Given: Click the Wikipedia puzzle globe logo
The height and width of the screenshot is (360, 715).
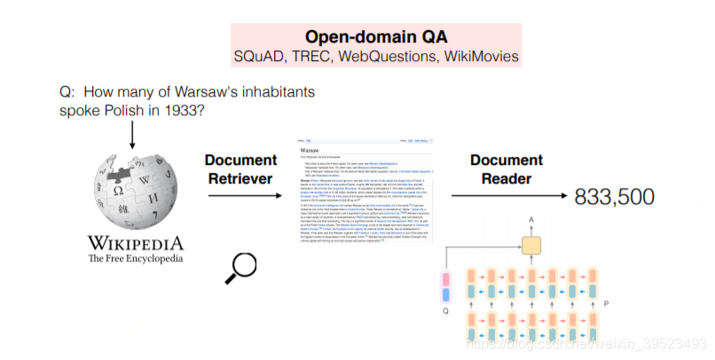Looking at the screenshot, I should click(134, 191).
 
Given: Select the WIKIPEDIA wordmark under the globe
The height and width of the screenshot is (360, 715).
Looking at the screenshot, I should click(136, 242).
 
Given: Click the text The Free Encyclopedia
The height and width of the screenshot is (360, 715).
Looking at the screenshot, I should click(136, 259).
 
